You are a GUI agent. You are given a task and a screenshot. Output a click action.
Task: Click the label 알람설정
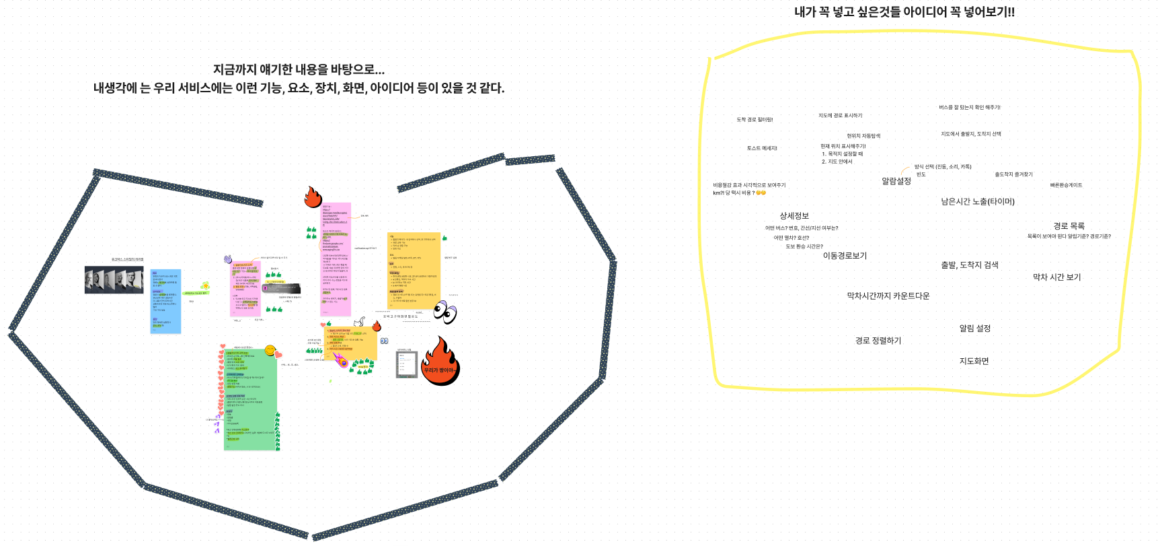click(896, 181)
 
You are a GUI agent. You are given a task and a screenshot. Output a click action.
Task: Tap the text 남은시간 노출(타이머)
click(977, 202)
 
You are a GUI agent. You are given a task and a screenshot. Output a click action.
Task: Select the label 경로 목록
click(1069, 226)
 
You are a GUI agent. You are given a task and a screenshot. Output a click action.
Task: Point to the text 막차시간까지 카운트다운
click(888, 296)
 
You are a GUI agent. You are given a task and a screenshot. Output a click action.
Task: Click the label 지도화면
click(974, 362)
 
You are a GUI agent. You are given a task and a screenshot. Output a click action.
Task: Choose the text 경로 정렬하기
click(878, 341)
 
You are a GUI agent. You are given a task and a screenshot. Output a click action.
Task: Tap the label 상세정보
click(794, 216)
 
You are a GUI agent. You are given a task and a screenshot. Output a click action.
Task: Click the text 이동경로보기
click(845, 256)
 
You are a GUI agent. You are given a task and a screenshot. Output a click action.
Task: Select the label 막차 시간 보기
click(1056, 277)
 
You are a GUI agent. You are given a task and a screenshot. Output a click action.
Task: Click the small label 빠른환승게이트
click(1066, 185)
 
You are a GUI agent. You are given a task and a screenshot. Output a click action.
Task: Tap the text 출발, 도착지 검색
click(969, 265)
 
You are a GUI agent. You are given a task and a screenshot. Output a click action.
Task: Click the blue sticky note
click(165, 301)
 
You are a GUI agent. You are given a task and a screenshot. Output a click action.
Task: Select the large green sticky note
click(250, 399)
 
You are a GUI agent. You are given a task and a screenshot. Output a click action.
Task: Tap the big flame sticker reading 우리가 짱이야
click(440, 362)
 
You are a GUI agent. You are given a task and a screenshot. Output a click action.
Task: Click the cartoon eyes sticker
click(444, 312)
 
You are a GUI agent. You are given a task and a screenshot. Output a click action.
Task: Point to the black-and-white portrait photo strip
click(114, 279)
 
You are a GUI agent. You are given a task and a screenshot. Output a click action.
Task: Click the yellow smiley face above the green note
click(270, 350)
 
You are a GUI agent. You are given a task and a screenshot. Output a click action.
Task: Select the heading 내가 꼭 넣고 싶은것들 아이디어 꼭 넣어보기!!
click(904, 12)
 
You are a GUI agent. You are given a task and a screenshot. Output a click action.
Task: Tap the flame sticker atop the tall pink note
click(313, 197)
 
